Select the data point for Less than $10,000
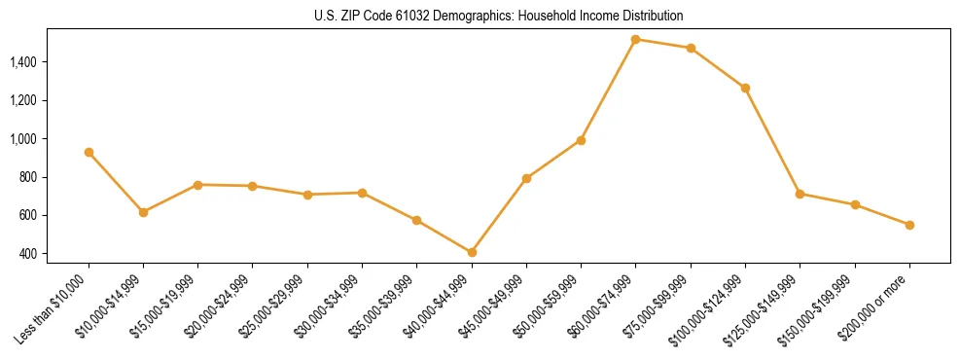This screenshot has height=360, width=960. (89, 152)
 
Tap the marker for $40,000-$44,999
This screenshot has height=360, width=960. (472, 252)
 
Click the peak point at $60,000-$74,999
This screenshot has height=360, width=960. (635, 40)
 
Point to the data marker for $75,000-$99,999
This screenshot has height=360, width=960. (691, 48)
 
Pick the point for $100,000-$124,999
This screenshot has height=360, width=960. (745, 88)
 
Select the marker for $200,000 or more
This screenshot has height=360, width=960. (909, 225)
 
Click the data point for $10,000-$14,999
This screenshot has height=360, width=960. (143, 212)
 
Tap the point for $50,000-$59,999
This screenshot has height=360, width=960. (581, 140)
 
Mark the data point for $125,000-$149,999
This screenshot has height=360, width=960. (800, 194)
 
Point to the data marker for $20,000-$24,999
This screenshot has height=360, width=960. (253, 186)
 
